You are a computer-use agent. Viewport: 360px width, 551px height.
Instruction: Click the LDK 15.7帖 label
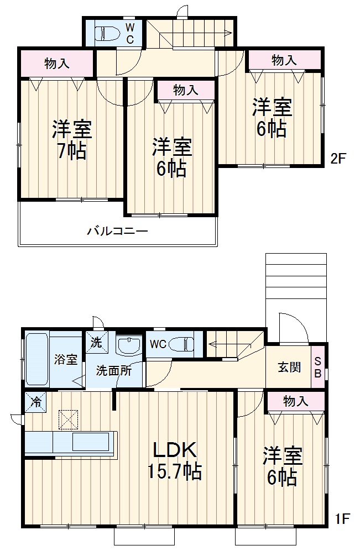(x=174, y=460)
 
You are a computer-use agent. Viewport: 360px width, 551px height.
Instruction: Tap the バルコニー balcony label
(x=117, y=230)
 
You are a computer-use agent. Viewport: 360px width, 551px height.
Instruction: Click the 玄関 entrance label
(x=289, y=367)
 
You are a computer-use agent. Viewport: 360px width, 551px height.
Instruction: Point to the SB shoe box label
(x=318, y=366)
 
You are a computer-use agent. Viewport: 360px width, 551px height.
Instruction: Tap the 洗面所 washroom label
(x=113, y=371)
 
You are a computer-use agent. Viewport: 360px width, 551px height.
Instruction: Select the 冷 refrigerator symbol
(x=35, y=402)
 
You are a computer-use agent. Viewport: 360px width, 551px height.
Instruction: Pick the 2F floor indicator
(x=338, y=159)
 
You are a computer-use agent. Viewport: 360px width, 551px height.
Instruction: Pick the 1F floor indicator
(x=342, y=519)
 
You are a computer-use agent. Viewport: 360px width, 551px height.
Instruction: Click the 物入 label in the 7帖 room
(x=56, y=64)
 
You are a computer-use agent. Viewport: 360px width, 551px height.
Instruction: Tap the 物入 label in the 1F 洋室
(x=295, y=402)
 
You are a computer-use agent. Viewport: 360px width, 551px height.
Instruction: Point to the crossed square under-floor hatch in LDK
(x=69, y=419)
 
